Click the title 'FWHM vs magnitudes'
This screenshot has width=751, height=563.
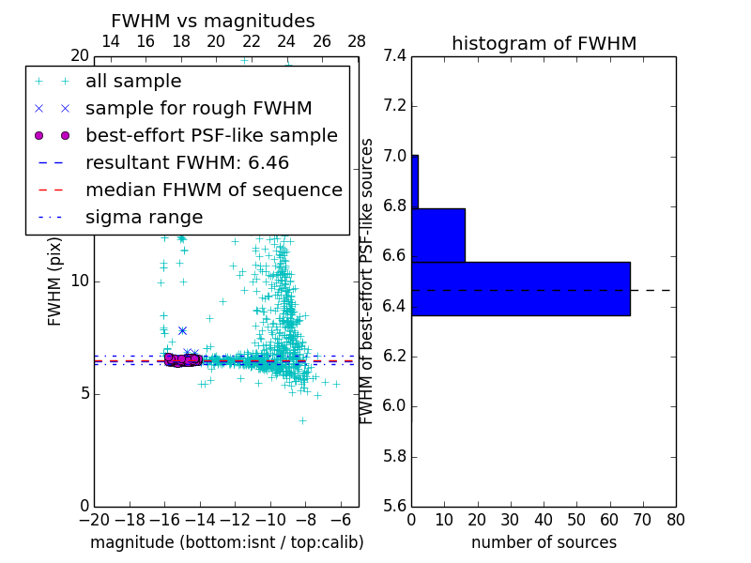tap(212, 21)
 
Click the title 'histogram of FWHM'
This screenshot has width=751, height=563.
tap(544, 43)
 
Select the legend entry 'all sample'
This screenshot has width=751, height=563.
tap(133, 82)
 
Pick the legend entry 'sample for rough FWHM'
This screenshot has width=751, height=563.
tap(198, 108)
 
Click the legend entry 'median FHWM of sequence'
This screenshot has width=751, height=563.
tap(213, 190)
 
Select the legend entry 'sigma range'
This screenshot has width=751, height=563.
tap(144, 217)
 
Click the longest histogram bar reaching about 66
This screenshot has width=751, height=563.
tap(520, 289)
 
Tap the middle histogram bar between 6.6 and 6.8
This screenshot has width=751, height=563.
tap(438, 236)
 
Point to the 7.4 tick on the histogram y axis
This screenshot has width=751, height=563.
tap(394, 56)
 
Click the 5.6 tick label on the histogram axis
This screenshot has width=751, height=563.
tap(394, 507)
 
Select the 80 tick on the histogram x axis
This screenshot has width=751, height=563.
tap(675, 519)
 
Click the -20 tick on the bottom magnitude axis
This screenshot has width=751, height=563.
tap(94, 519)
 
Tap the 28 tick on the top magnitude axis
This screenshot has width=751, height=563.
tap(357, 41)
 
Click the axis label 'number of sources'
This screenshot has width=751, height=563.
tap(544, 542)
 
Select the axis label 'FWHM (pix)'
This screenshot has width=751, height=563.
tap(55, 281)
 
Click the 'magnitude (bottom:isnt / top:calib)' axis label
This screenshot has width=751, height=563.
tap(226, 542)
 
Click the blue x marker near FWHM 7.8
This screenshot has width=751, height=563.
tap(182, 330)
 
